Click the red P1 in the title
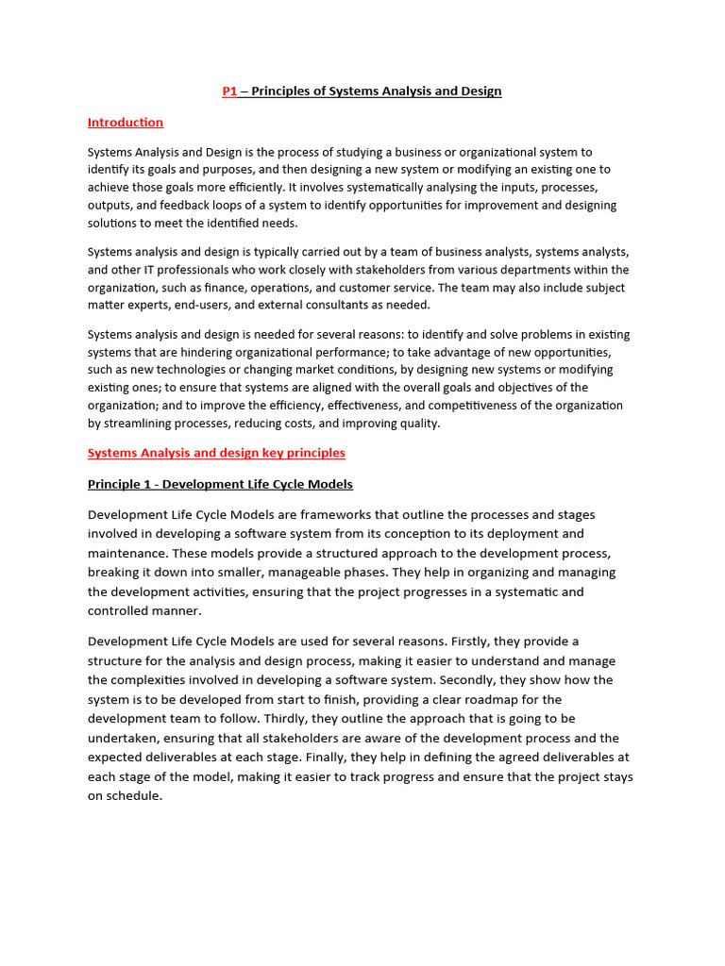click(229, 92)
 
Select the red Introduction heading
click(126, 123)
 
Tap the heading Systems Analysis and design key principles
click(216, 453)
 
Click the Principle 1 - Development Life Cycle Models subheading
click(220, 485)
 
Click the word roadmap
click(481, 699)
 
